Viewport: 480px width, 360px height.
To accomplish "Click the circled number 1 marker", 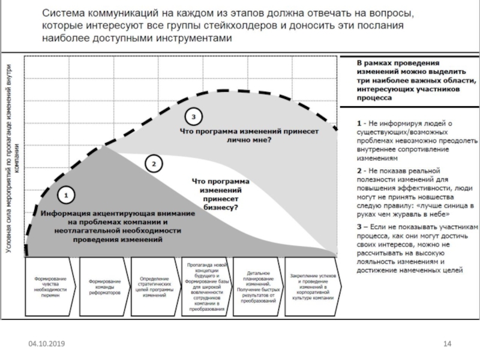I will click(67, 195).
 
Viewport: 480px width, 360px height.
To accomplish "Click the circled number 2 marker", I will click(154, 163).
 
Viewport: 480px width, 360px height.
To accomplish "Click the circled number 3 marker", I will click(193, 115).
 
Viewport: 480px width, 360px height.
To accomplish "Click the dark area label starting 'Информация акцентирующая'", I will click(118, 226).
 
